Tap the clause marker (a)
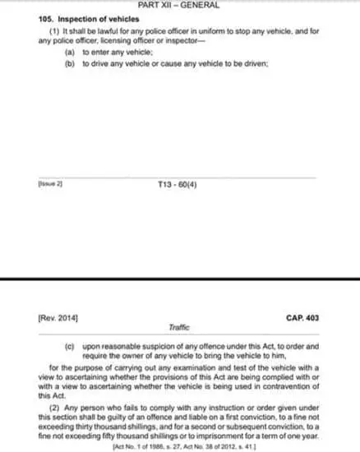(68, 50)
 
